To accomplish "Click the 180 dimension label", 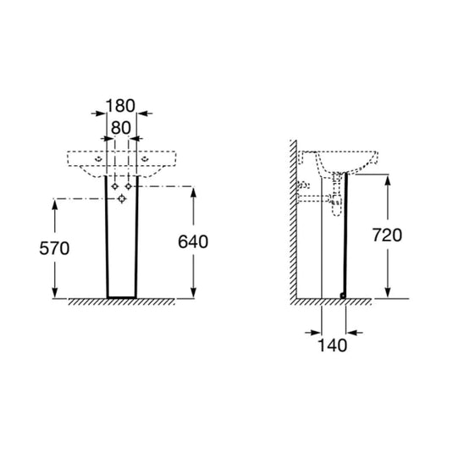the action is [120, 106].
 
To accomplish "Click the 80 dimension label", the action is [121, 128].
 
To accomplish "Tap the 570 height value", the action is [54, 248].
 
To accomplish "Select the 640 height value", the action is [193, 242].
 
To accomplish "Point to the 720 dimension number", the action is [387, 235].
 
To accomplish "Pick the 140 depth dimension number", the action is [332, 345].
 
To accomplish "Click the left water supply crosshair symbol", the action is [115, 186].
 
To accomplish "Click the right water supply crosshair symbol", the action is [129, 186].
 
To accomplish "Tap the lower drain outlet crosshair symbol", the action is [122, 199].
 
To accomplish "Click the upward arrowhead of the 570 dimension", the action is [55, 205].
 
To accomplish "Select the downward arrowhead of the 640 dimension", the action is [194, 292].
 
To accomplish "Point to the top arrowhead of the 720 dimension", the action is [388, 180].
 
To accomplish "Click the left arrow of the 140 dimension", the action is [313, 333].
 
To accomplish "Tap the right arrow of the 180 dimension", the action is [145, 113].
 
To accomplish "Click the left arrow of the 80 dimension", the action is [108, 139].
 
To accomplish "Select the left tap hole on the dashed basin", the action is [98, 159].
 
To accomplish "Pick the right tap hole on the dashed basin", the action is [145, 159].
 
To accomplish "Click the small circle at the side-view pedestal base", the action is [343, 296].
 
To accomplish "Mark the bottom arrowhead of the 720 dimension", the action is [388, 292].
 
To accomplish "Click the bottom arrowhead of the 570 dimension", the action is [55, 292].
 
